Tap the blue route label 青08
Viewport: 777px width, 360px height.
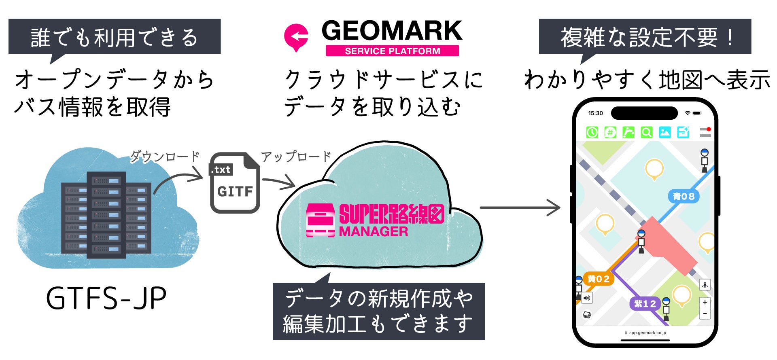pyautogui.click(x=684, y=197)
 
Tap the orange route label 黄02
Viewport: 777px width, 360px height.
pyautogui.click(x=599, y=279)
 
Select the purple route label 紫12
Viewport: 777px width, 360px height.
pyautogui.click(x=645, y=303)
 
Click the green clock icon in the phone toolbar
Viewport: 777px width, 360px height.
pyautogui.click(x=592, y=132)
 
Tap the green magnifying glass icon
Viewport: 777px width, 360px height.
pyautogui.click(x=646, y=132)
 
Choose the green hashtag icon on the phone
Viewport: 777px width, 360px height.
pyautogui.click(x=610, y=132)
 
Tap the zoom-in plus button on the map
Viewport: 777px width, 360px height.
pyautogui.click(x=705, y=302)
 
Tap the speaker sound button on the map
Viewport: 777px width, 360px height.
pyautogui.click(x=587, y=298)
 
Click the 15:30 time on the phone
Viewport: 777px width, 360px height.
pyautogui.click(x=595, y=113)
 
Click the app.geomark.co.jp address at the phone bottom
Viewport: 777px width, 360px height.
pyautogui.click(x=647, y=332)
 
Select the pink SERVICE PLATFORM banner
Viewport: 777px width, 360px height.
pyautogui.click(x=392, y=51)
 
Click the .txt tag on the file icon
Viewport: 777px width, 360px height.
pyautogui.click(x=221, y=169)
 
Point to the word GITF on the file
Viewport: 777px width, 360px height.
pyautogui.click(x=235, y=191)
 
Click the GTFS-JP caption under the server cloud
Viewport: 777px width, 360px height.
pyautogui.click(x=106, y=299)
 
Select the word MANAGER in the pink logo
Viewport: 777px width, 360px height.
pyautogui.click(x=373, y=232)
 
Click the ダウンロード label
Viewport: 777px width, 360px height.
pyautogui.click(x=165, y=157)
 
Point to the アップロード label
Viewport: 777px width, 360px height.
pyautogui.click(x=296, y=157)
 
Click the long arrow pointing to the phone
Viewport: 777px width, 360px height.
pyautogui.click(x=520, y=208)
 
